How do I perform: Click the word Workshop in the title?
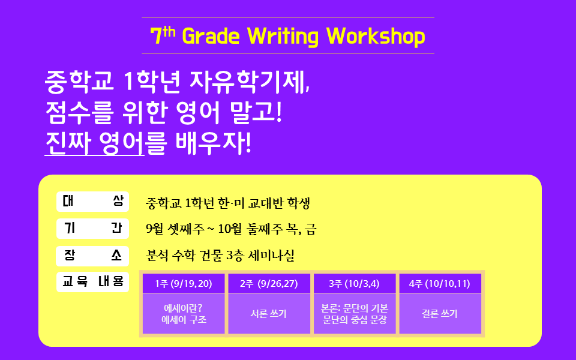(x=376, y=37)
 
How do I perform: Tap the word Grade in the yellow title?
(x=211, y=37)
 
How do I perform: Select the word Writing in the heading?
(x=283, y=37)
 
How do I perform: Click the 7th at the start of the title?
(x=163, y=35)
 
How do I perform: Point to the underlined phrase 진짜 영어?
(x=94, y=143)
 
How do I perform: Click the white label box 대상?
(x=93, y=202)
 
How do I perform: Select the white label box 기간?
(x=93, y=229)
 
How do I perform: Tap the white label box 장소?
(x=92, y=256)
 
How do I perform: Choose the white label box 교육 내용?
(x=93, y=282)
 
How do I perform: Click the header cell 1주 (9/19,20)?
(x=184, y=283)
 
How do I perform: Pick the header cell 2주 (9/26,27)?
(x=269, y=283)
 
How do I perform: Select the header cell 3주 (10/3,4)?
(x=355, y=283)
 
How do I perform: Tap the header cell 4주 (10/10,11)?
(x=440, y=283)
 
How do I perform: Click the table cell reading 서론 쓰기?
(x=269, y=314)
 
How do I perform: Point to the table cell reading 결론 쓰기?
(x=440, y=314)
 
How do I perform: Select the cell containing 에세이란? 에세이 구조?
(x=184, y=314)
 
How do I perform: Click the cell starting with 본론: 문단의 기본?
(x=355, y=314)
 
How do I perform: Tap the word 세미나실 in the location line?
(x=271, y=256)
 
